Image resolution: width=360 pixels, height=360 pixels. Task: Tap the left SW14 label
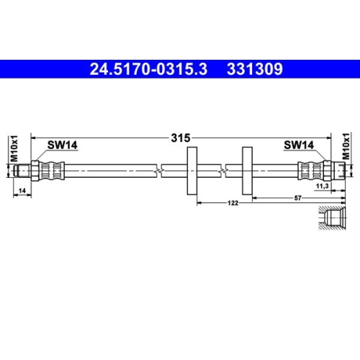coord(63,145)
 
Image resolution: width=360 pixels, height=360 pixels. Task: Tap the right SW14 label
coord(298,145)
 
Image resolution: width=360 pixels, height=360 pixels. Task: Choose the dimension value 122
coord(233,204)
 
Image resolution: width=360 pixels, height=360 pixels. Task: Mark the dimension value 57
coord(297,196)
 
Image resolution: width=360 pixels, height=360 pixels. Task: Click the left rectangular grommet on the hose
coord(192,171)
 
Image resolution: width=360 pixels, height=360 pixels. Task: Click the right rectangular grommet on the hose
coord(246,171)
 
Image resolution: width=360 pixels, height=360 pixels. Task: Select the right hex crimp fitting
coord(310,171)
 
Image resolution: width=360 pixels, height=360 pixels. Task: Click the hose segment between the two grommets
coord(220,171)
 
